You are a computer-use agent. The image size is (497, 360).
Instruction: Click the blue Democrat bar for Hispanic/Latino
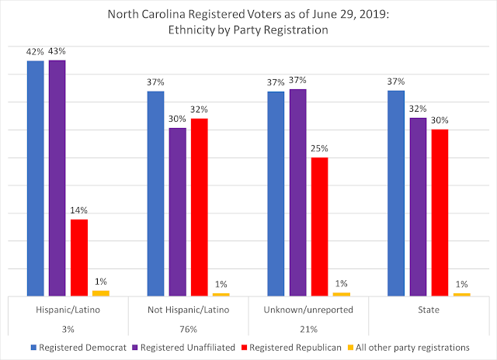[x=36, y=178]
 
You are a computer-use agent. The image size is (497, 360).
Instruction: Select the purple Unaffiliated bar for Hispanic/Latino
[x=57, y=178]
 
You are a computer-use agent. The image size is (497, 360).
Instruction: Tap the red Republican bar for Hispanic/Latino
[x=79, y=258]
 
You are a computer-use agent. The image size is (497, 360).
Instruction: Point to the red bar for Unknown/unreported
[x=319, y=227]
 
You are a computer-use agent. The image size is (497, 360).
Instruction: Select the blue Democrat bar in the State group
[x=396, y=193]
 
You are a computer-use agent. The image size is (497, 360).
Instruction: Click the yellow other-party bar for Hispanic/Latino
[x=101, y=293]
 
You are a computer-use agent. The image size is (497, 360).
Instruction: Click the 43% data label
[x=57, y=51]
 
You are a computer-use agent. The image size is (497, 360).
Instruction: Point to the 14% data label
[x=79, y=210]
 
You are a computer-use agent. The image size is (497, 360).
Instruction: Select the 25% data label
[x=319, y=148]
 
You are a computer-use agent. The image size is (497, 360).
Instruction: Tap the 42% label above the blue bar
[x=35, y=51]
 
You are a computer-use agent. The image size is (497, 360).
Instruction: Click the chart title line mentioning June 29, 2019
[x=248, y=17]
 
